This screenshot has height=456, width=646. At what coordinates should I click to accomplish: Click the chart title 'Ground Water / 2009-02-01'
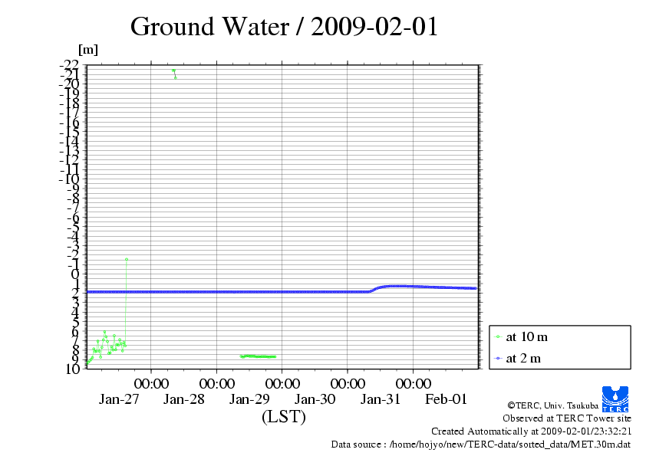[284, 26]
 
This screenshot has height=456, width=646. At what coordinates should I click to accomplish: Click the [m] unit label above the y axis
[88, 51]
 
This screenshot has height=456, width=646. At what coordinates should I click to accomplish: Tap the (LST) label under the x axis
[284, 417]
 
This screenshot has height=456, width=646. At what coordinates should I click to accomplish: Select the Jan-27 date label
[119, 399]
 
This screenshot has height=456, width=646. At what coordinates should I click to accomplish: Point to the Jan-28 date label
[184, 399]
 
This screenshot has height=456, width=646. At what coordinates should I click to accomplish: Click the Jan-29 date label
[249, 399]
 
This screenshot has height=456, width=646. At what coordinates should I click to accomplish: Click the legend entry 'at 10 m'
[526, 336]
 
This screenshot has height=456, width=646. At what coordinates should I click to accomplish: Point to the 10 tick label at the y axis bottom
[72, 369]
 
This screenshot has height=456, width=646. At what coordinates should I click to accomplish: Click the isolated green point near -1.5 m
[127, 259]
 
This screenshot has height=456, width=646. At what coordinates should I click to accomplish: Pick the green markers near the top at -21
[174, 71]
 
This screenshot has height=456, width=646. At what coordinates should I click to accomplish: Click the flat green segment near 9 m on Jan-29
[259, 356]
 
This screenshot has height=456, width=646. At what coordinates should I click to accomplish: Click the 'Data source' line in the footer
[481, 444]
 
